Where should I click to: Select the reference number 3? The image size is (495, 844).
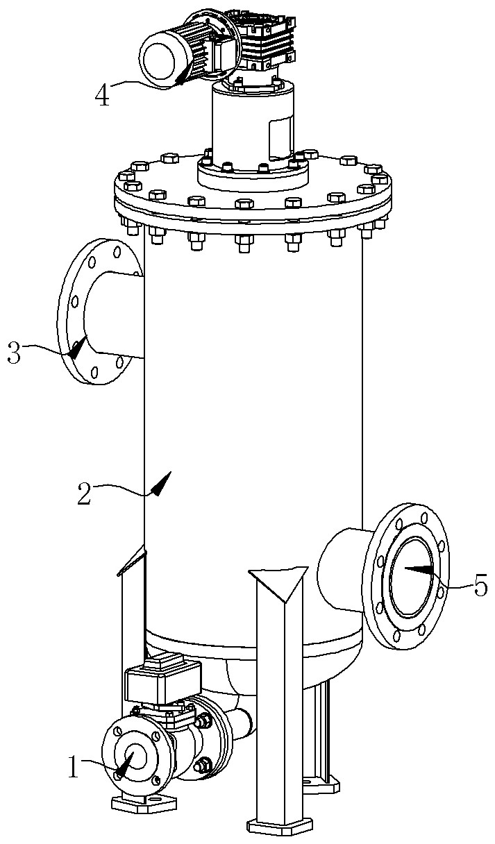[14, 352]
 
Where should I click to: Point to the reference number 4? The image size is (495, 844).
[101, 94]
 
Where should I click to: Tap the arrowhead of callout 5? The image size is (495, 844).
[419, 569]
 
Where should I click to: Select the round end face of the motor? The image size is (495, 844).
[158, 60]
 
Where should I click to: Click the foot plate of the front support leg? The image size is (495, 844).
[280, 829]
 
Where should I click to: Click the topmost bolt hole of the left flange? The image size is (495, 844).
[117, 251]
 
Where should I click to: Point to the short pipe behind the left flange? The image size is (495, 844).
[115, 314]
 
